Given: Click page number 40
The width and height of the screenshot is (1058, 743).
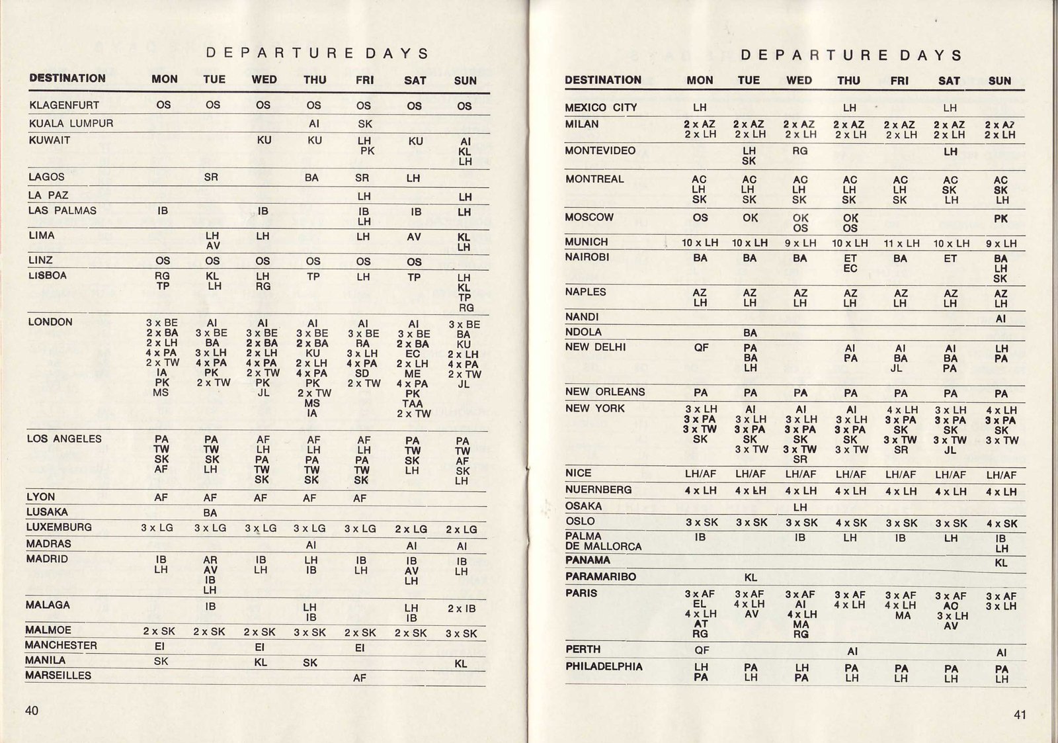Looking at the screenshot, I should tap(32, 711).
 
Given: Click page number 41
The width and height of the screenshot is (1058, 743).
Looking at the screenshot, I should tap(1020, 715).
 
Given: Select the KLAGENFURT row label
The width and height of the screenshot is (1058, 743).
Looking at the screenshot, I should tap(64, 105).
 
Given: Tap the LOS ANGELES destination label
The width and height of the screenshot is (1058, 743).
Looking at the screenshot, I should tap(64, 439).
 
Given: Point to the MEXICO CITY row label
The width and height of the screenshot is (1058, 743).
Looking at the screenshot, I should tap(601, 107).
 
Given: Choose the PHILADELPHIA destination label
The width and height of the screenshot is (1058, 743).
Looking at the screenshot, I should tap(604, 666).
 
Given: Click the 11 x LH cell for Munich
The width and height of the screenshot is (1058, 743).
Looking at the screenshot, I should tap(899, 243).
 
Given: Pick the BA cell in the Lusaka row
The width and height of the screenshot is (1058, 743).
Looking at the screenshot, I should tap(210, 513).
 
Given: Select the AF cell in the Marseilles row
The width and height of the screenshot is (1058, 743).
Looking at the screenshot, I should tap(360, 677).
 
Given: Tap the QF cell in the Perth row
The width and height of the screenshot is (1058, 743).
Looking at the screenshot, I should tap(702, 650).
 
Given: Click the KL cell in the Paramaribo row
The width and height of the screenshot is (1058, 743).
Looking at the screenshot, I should tap(751, 577).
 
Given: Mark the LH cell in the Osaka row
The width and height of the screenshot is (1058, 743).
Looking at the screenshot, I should tap(800, 507).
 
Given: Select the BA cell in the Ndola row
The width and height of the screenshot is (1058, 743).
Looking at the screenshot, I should tap(751, 333).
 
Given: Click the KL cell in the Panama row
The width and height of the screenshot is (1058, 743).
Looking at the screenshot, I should tap(1001, 563).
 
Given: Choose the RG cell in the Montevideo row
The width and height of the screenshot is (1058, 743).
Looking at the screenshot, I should tap(800, 151).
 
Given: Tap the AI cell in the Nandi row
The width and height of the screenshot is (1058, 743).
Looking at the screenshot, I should tap(1001, 319).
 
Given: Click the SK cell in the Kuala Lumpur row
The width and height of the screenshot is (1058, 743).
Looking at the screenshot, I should tap(365, 124).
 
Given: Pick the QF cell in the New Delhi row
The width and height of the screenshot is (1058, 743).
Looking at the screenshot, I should tap(701, 347).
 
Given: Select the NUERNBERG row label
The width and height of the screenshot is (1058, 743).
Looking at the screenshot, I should tap(598, 490).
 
